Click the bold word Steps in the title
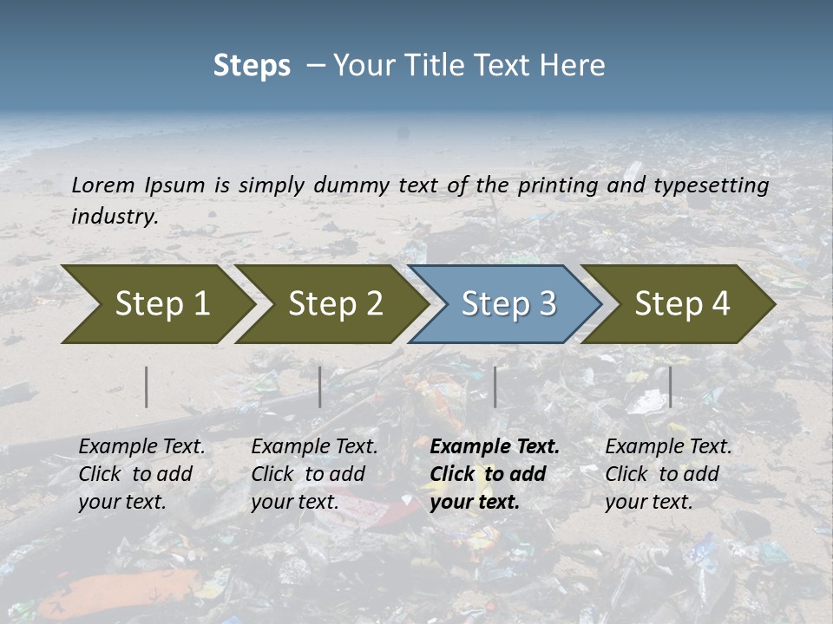pyautogui.click(x=252, y=66)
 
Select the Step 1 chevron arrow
pyautogui.click(x=156, y=303)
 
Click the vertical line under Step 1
pyautogui.click(x=147, y=387)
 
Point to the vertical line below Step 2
pyautogui.click(x=320, y=387)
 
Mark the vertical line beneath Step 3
pyautogui.click(x=495, y=387)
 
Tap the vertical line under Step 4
pyautogui.click(x=670, y=387)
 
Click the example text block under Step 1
pyautogui.click(x=141, y=474)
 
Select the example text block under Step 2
pyautogui.click(x=314, y=474)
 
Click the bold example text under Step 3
pyautogui.click(x=495, y=474)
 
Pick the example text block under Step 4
pyautogui.click(x=668, y=474)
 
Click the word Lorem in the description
pyautogui.click(x=103, y=185)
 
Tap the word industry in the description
pyautogui.click(x=115, y=217)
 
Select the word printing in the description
pyautogui.click(x=558, y=185)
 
